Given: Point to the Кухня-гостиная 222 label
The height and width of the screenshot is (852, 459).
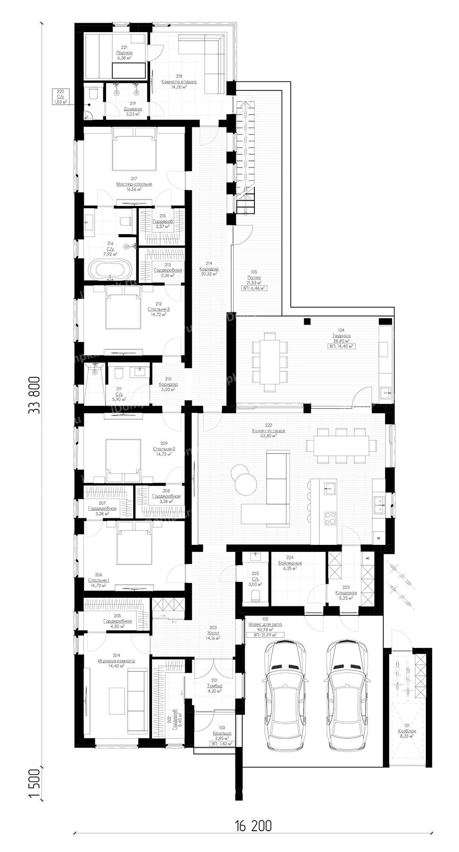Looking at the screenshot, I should coord(269,434).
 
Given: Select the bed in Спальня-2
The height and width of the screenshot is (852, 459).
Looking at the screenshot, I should coord(123,457).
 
